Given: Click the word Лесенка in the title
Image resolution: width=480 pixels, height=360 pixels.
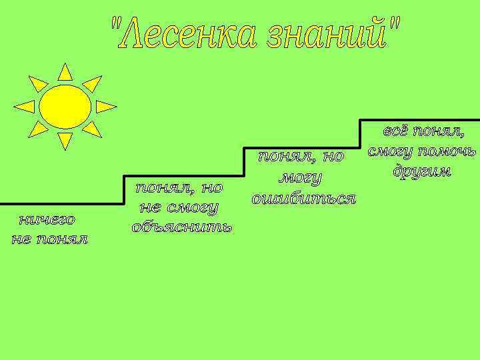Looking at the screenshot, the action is pos(184,34).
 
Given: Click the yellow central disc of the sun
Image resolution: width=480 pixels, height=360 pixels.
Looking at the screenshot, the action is pos(65,107).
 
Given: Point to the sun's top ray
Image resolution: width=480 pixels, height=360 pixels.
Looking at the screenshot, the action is pos(65,73).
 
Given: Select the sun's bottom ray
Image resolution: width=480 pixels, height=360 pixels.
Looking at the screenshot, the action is pos(65,140).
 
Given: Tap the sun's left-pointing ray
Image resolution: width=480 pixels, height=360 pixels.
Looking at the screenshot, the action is pos(25,107).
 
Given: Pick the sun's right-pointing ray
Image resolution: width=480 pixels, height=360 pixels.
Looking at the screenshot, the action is pos(105,107).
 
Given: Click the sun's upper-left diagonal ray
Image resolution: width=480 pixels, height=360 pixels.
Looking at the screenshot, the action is pos(39,84).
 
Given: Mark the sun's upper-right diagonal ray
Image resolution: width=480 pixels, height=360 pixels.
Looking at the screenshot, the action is pos(92,84).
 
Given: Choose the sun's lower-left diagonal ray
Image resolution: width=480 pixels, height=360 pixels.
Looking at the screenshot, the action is pos(39,129).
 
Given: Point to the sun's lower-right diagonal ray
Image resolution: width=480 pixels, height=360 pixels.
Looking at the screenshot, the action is pos(92,129).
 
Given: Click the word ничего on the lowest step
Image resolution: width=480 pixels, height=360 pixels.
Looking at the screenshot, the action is pos(47,219).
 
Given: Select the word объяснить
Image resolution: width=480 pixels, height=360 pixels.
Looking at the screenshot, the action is pos(182,227).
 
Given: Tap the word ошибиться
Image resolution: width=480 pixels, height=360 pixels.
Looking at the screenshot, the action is pos(303,199).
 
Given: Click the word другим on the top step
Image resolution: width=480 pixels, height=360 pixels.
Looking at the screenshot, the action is pos(421,171).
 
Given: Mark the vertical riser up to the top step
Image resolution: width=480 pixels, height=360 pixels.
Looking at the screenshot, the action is pos(359,134).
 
